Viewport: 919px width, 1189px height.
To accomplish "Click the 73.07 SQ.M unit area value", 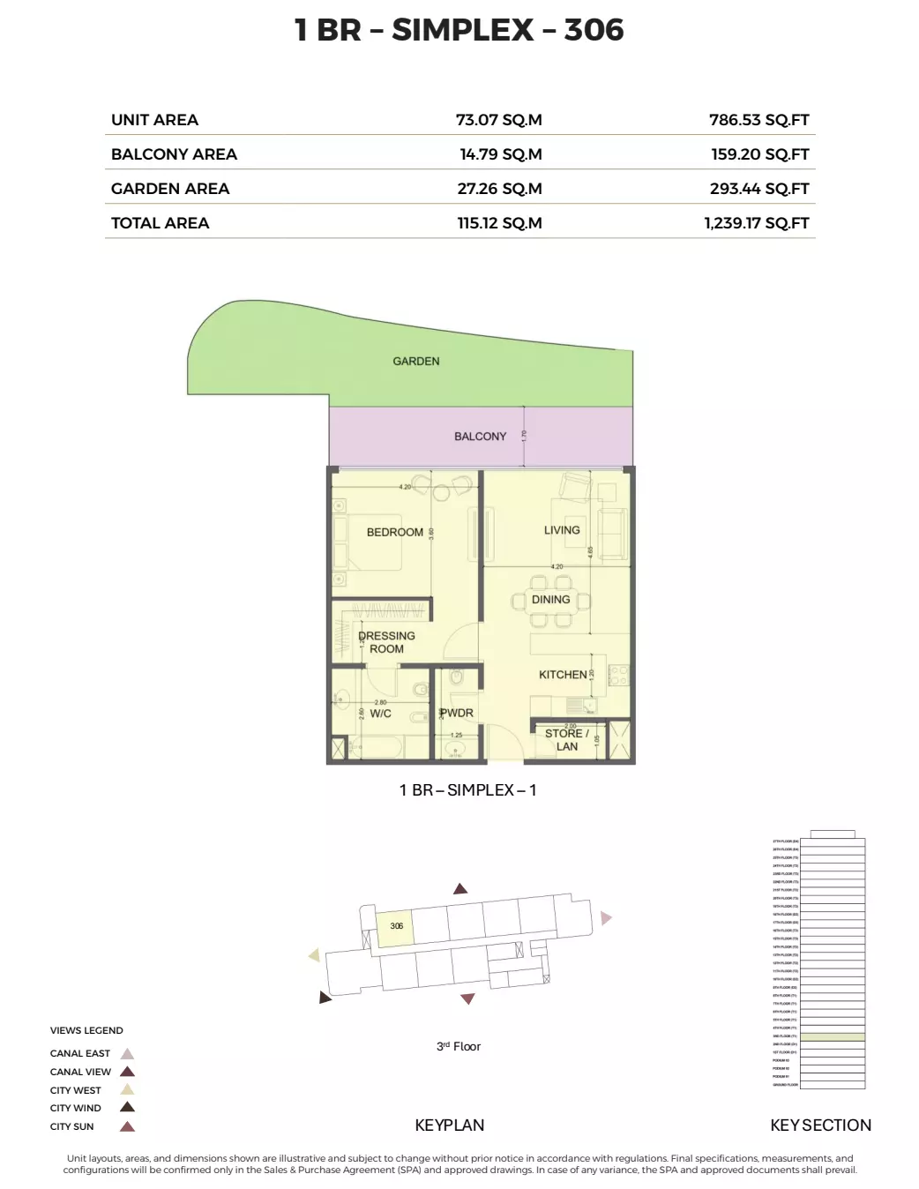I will point(498,120).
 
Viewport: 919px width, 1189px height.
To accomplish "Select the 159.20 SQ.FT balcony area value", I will point(759,154).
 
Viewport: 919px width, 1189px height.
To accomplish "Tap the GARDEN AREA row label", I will point(170,189).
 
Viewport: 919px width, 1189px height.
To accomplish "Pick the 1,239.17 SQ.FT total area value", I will point(756,223).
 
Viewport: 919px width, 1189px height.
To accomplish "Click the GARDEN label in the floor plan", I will point(416,362).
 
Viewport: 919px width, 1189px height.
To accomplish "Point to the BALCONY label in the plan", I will point(480,437).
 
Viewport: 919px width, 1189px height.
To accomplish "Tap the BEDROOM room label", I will point(394,533).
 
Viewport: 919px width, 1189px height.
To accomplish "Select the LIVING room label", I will point(562,530).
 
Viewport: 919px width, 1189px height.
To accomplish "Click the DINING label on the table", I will point(550,600).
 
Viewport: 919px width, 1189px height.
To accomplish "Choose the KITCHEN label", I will point(563,675).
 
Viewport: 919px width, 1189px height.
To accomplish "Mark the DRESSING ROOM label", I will point(386,642).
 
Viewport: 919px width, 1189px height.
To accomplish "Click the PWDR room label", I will point(457,713).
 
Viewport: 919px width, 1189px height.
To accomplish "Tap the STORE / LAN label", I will point(566,740).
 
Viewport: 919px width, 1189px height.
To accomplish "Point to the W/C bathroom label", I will point(380,714).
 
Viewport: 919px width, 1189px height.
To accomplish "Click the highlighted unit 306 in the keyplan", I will point(396,927).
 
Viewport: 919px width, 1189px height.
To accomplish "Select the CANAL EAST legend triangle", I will point(127,1054).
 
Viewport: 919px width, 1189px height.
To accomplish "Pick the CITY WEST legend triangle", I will point(127,1090).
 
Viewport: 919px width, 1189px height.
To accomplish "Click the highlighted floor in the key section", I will point(832,1036).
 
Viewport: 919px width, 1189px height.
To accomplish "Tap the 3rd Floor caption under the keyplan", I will point(459,1047).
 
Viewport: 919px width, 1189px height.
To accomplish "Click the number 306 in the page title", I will point(594,30).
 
